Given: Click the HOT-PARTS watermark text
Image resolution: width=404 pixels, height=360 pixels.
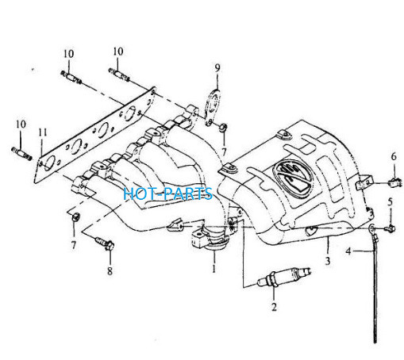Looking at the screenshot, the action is [167, 193].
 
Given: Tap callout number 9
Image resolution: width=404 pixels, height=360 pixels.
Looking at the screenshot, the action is [217, 68].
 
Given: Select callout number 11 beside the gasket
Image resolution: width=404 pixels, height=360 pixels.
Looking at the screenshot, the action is [43, 132].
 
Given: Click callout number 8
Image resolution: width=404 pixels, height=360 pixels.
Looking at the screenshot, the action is [110, 270].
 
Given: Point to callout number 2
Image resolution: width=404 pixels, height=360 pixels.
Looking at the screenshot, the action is [274, 307].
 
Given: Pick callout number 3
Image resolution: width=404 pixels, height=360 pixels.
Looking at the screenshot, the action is [328, 261].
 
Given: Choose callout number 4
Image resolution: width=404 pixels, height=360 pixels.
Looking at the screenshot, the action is [348, 251].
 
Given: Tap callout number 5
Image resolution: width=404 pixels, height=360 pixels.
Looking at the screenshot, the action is [391, 202].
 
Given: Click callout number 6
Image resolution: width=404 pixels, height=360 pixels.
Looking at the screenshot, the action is [394, 157].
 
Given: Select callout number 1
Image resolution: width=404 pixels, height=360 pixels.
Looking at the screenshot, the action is [214, 269].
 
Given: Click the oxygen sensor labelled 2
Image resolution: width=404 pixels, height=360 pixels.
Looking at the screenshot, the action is [283, 277].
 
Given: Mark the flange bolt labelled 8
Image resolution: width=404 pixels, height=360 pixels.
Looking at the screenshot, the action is [105, 243].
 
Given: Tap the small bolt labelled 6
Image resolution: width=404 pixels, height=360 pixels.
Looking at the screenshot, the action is [396, 182].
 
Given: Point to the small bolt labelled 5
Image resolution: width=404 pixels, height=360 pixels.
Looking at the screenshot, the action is [391, 228].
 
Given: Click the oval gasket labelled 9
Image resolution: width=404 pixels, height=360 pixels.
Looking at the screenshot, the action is [213, 108].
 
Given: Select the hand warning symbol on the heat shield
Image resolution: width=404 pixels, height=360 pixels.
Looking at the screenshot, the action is [292, 174].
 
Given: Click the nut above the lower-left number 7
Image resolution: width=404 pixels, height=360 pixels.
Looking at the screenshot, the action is [76, 216].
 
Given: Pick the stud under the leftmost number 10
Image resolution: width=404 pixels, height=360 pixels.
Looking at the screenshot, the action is [21, 154].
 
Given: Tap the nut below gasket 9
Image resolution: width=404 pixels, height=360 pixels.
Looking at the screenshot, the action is [223, 128].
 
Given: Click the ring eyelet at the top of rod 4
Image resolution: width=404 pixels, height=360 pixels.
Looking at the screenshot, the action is [371, 228].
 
